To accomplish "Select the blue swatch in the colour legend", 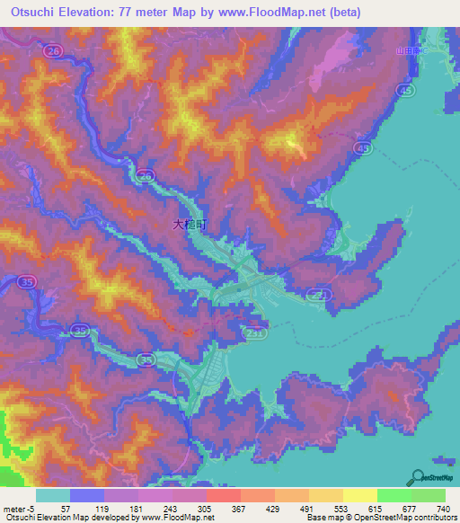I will tap(86, 496).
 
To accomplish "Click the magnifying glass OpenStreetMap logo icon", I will tap(417, 476).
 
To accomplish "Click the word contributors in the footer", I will tap(437, 518).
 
